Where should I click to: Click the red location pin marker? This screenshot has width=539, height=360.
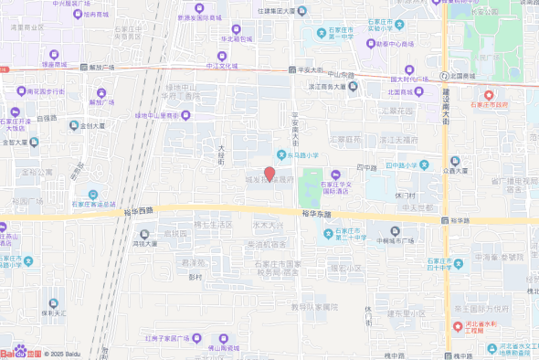(x=269, y=173)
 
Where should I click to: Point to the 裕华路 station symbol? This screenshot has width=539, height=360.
(x=443, y=220)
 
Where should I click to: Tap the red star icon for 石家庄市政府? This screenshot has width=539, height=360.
(x=488, y=94)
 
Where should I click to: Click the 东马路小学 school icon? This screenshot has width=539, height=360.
(x=281, y=154)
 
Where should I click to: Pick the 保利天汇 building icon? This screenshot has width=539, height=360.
(x=53, y=303)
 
